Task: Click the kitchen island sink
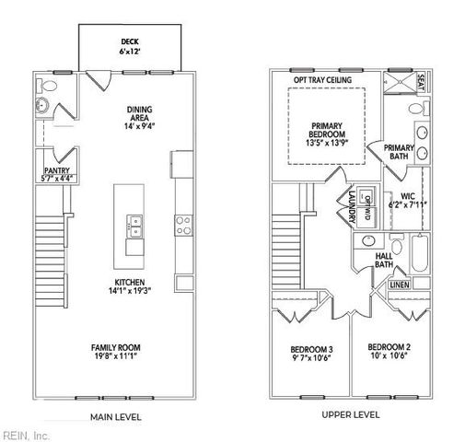point(134,221)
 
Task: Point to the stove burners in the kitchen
point(183,221)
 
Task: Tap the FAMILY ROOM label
point(115,352)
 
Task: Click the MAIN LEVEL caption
point(115,416)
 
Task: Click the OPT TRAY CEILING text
point(327,80)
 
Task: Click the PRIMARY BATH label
point(399,152)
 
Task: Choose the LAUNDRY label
point(351,207)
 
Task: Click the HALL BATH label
point(384,260)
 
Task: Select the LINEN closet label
point(399,285)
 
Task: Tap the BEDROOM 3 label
point(310,354)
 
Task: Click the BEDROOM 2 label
point(389,352)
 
